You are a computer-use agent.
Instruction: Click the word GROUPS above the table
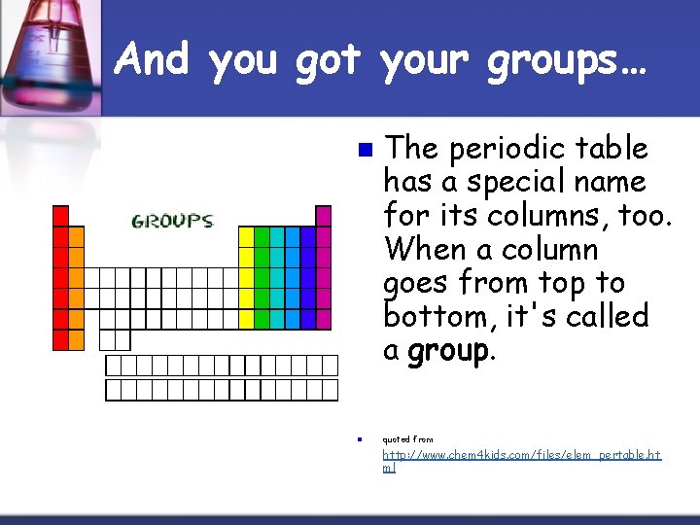[172, 222]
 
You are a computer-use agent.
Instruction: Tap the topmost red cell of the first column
[60, 216]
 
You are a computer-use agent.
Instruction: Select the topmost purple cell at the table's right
[323, 216]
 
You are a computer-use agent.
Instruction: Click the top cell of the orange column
[76, 236]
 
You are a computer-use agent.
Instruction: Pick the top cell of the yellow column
[246, 236]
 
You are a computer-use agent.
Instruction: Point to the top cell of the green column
[262, 236]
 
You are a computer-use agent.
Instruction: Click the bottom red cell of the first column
[60, 339]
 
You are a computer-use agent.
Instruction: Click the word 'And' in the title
[156, 60]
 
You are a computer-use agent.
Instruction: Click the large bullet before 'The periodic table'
[364, 150]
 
